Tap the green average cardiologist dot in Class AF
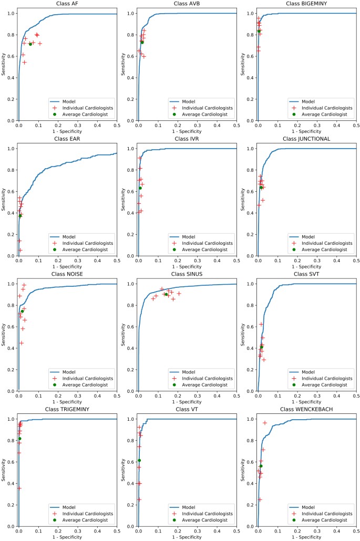[30, 44]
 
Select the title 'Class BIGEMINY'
[307, 4]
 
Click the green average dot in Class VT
[139, 460]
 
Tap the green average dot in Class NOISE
[22, 311]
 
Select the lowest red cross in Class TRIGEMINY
[19, 488]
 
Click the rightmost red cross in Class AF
[40, 44]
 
